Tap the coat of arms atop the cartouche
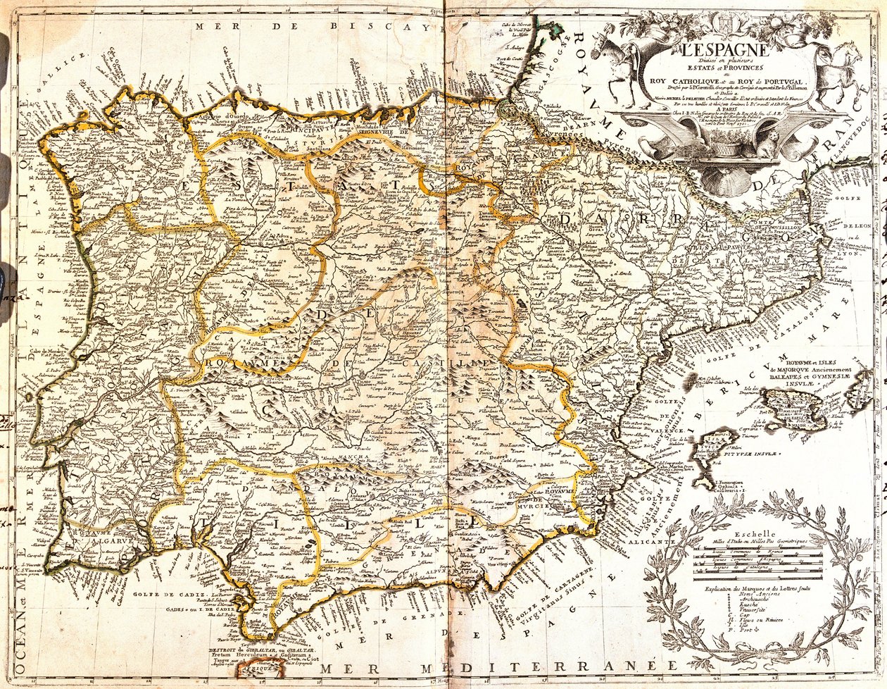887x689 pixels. coord(720,22)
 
